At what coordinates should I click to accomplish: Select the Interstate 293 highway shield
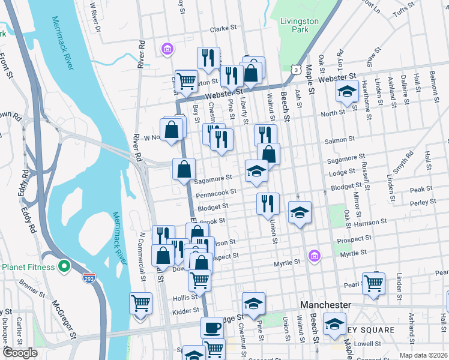point(89,278)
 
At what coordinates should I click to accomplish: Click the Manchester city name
point(325,305)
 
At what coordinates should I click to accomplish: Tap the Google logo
point(20,353)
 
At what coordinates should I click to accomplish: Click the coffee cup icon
point(211,327)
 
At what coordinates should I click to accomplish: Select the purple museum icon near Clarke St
point(167,48)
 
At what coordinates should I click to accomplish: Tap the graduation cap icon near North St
point(347,91)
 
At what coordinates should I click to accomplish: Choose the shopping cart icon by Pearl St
point(373,282)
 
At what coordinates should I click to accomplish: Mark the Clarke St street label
point(224,29)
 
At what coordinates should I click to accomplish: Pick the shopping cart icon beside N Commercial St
point(140,302)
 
